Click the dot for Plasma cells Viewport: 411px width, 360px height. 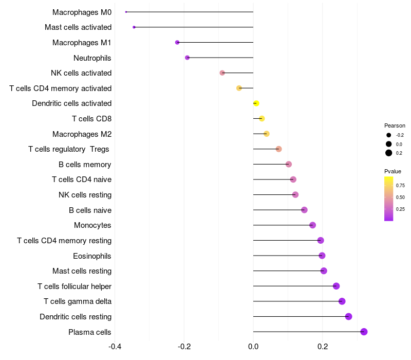pyautogui.click(x=364, y=332)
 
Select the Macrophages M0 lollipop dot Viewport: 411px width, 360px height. pyautogui.click(x=126, y=12)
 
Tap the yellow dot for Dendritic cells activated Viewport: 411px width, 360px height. pyautogui.click(x=256, y=103)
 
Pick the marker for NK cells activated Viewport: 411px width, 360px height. pyautogui.click(x=222, y=73)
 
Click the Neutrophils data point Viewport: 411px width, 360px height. pyautogui.click(x=187, y=58)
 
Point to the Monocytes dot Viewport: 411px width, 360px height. pyautogui.click(x=312, y=225)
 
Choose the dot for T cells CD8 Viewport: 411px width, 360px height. pyautogui.click(x=261, y=118)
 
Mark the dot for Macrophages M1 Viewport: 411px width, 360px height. pyautogui.click(x=177, y=42)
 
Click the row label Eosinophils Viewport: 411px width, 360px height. pyautogui.click(x=92, y=256)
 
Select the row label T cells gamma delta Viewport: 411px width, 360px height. pyautogui.click(x=78, y=301)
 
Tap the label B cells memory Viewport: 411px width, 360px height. pyautogui.click(x=85, y=165)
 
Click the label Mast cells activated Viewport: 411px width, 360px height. pyautogui.click(x=78, y=27)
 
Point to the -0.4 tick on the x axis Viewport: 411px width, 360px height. pyautogui.click(x=115, y=347)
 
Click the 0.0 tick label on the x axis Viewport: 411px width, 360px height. pyautogui.click(x=253, y=347)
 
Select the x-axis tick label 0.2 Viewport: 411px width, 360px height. pyautogui.click(x=323, y=347)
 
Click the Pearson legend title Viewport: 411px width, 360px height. pyautogui.click(x=395, y=125)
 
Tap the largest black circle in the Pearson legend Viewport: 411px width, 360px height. pyautogui.click(x=389, y=153)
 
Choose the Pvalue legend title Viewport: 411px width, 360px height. pyautogui.click(x=393, y=171)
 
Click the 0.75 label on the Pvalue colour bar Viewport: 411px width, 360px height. pyautogui.click(x=400, y=186)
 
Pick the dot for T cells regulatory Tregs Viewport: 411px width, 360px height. pyautogui.click(x=278, y=149)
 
